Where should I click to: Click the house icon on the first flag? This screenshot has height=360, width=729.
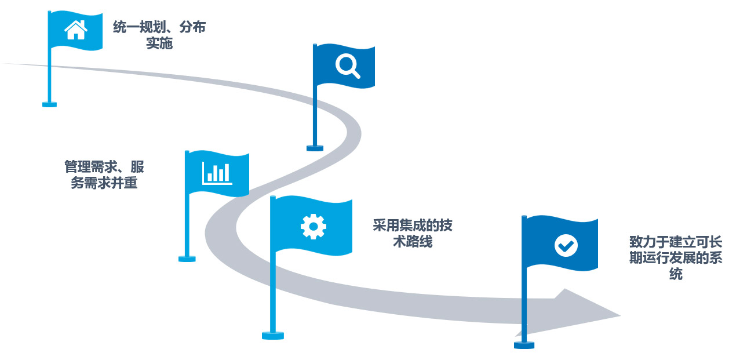(x=75, y=30)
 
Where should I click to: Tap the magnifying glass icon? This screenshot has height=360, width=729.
(x=347, y=66)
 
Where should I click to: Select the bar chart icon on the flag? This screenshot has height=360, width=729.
(x=217, y=173)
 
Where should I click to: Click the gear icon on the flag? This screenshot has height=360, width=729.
(x=313, y=226)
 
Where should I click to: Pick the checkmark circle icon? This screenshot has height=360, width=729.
(x=566, y=245)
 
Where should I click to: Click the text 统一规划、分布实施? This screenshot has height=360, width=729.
(x=159, y=35)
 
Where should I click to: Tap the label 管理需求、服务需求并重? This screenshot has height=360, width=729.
(x=104, y=176)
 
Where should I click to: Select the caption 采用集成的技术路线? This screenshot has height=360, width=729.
(x=413, y=234)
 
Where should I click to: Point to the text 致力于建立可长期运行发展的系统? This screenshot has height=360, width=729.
(x=676, y=258)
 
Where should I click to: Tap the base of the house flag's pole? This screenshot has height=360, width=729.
(x=50, y=104)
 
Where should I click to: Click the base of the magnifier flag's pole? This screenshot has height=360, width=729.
(x=315, y=148)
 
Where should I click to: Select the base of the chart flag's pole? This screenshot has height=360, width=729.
(x=187, y=259)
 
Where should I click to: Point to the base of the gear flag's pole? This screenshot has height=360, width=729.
(x=273, y=335)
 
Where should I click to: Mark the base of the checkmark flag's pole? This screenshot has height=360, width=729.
(x=524, y=344)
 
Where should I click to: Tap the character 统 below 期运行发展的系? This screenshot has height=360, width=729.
(x=676, y=274)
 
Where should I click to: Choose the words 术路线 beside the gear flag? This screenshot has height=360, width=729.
(x=413, y=242)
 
